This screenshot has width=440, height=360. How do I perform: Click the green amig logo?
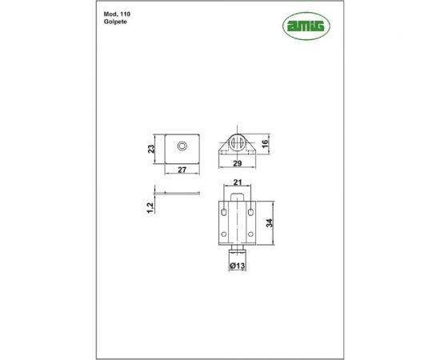(306, 26)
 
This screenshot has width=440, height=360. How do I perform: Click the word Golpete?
(115, 22)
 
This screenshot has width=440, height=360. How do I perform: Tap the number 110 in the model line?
(125, 14)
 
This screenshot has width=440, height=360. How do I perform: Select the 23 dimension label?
(151, 149)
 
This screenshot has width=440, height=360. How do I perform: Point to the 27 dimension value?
(182, 170)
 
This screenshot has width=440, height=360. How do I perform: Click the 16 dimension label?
(265, 144)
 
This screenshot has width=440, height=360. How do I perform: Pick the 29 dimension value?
(238, 163)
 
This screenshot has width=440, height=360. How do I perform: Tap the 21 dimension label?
(238, 182)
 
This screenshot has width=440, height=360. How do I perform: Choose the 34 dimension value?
(269, 223)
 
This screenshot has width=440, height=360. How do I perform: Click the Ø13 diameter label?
(238, 266)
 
